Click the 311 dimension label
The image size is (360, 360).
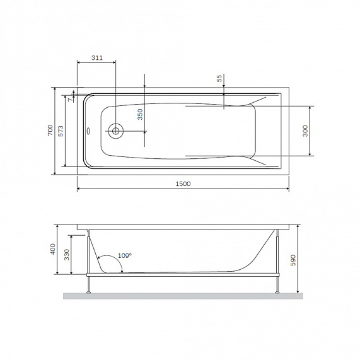coord(96,58)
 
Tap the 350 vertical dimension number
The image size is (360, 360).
coord(140,113)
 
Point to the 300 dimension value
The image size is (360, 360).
coord(306,131)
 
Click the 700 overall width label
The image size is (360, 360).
coord(49,130)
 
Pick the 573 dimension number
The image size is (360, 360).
coord(61,130)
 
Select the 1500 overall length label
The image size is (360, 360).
coord(182,183)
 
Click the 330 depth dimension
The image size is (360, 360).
coord(67,255)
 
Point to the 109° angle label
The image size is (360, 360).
coord(125,255)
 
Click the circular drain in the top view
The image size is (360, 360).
coord(116,132)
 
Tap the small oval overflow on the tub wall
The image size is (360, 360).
coord(88,132)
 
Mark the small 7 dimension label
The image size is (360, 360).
coord(70,98)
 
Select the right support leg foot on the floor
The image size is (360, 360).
coord(277,291)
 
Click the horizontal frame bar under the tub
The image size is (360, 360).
coord(182,275)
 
